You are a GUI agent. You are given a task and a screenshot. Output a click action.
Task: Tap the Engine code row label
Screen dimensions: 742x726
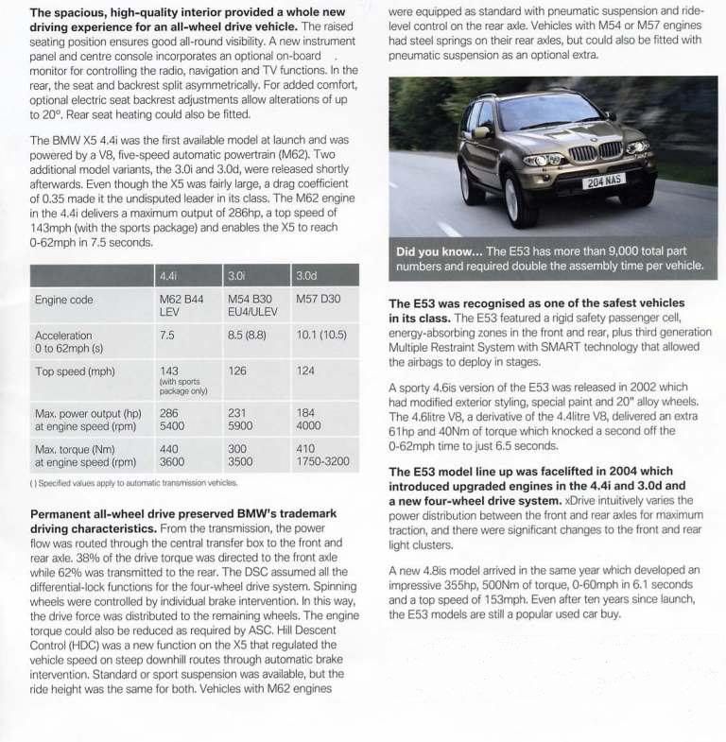click(x=62, y=301)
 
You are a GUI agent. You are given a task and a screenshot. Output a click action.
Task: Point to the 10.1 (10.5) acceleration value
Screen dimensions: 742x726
click(x=321, y=336)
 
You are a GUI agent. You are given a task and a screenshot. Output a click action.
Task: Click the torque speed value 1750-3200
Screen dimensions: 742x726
click(x=323, y=463)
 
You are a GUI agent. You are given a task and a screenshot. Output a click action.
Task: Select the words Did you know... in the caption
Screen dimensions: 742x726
click(x=441, y=251)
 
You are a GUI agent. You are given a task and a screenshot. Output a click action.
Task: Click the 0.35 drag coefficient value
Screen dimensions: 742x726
click(x=50, y=200)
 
